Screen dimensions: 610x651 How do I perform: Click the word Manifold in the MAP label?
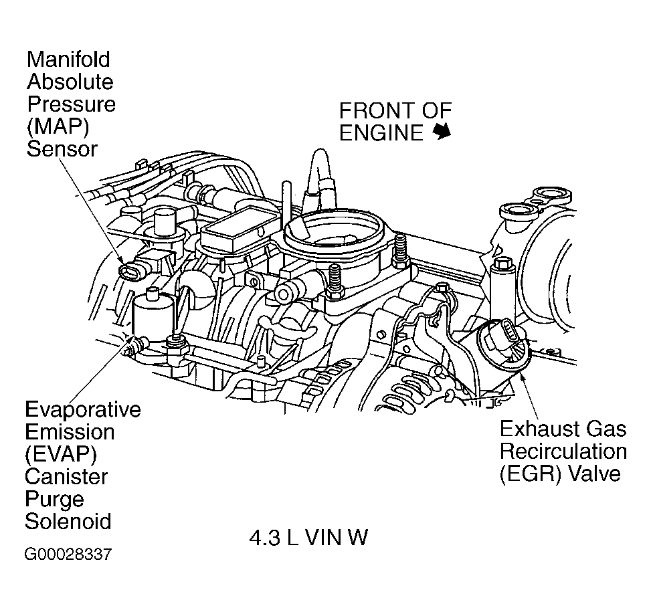[68, 60]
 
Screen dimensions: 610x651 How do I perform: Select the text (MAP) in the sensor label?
[58, 126]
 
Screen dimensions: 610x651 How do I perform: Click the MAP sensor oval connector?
[128, 271]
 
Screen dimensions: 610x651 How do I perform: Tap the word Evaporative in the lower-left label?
[83, 409]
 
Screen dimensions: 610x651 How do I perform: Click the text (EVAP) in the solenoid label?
[61, 454]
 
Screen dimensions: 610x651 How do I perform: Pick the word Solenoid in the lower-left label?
[68, 521]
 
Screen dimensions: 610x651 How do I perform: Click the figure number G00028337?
[68, 554]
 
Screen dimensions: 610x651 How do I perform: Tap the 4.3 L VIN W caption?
[308, 538]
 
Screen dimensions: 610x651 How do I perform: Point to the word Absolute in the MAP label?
[70, 82]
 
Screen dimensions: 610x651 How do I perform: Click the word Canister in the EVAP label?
[66, 477]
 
